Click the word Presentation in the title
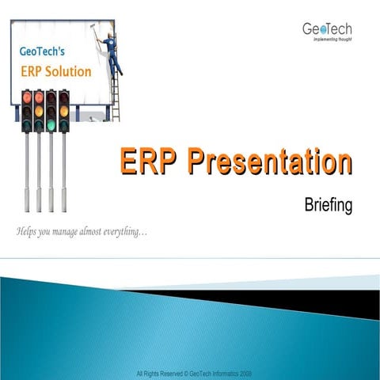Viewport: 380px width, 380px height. [x=270, y=162]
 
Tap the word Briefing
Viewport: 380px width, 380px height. [x=328, y=205]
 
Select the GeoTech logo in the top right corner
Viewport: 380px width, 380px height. [x=326, y=28]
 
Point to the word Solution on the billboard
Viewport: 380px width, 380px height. [x=66, y=71]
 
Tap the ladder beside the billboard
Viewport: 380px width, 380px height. [x=116, y=87]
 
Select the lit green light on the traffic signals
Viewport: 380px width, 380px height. [x=51, y=124]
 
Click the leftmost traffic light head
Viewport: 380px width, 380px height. [x=26, y=111]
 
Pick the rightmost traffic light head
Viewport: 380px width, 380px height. [x=63, y=111]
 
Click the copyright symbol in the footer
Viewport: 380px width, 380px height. [x=186, y=372]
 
